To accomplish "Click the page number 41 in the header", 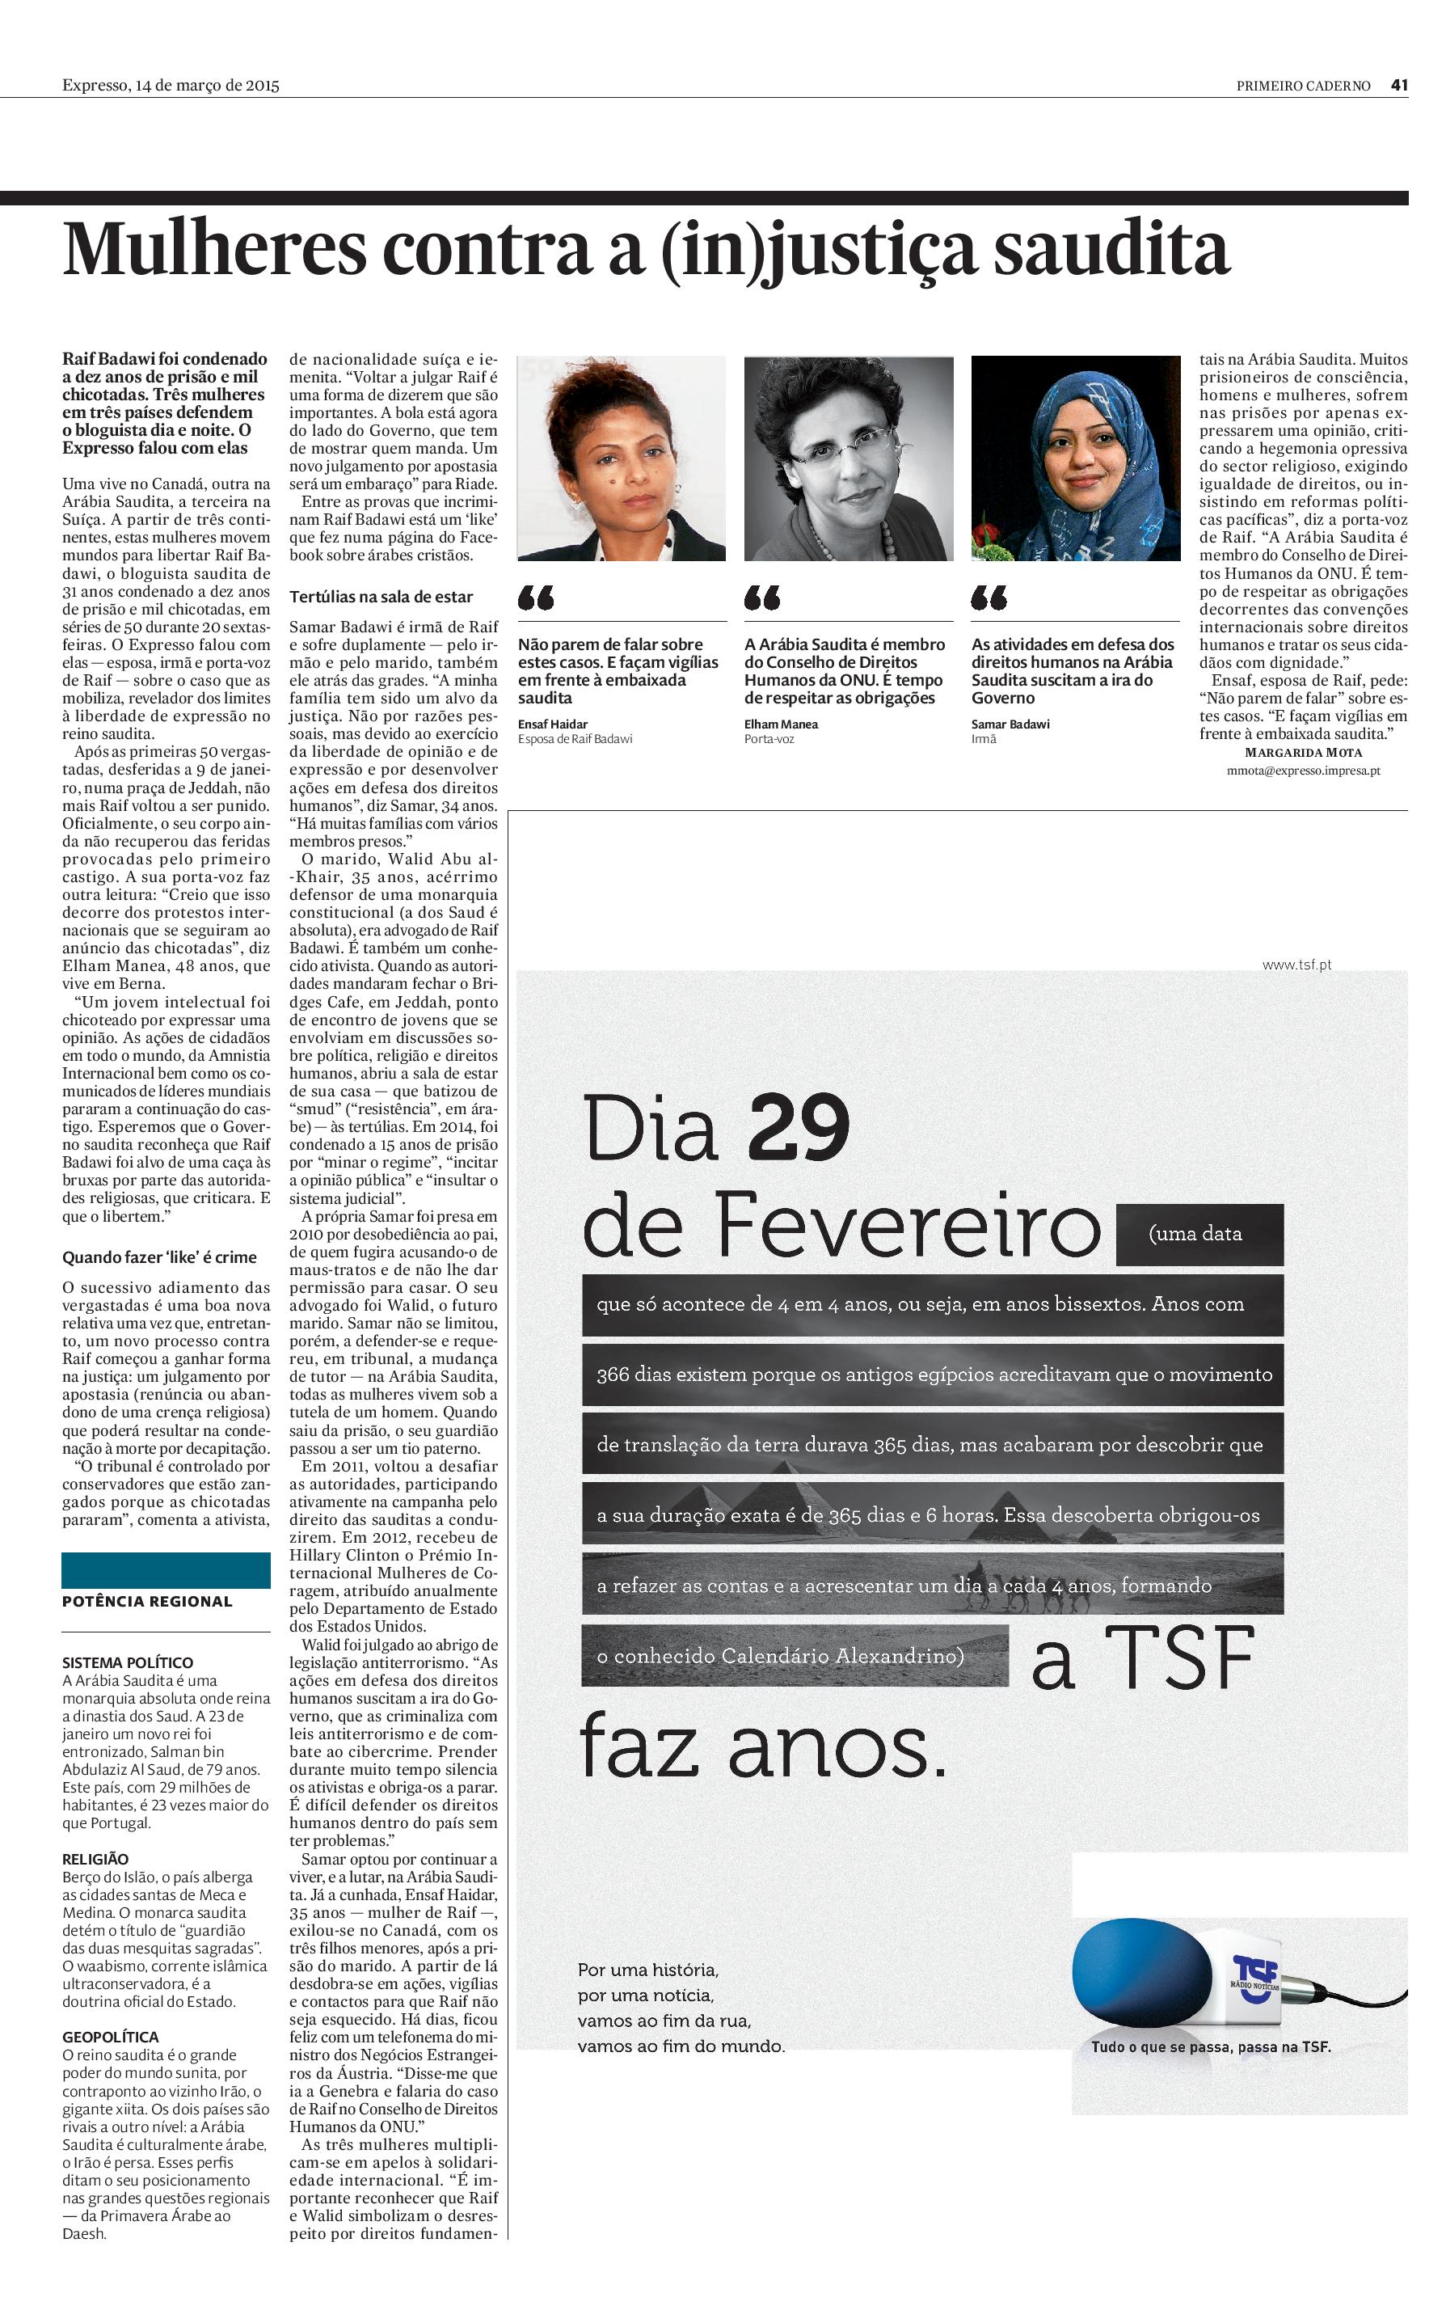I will (1399, 85).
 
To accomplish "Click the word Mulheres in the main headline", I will (214, 249).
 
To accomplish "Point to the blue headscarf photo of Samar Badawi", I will (1075, 458).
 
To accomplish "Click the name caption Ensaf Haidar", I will (553, 724).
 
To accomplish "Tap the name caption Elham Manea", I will (780, 724).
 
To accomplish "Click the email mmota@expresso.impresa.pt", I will (1303, 770).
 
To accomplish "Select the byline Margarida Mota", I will (1304, 753).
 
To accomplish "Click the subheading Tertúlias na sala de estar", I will (381, 597).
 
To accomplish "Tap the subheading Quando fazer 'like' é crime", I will (160, 1256).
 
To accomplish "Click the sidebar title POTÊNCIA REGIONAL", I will (147, 1601).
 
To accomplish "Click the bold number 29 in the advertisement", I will (799, 1130).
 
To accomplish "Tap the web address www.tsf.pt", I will (1296, 965).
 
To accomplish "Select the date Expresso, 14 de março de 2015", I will (171, 85).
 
